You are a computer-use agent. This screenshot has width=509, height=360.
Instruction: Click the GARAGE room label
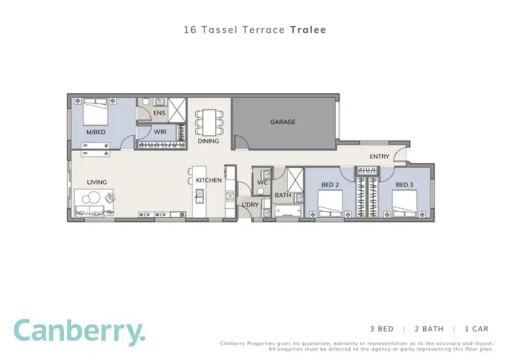tap(283, 122)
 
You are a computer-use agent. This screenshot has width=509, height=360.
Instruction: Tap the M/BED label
tap(96, 132)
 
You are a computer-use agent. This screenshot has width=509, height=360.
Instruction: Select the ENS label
tap(159, 113)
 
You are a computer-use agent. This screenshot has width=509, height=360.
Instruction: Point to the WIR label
tap(161, 132)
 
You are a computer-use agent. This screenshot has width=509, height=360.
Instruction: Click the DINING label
tap(208, 141)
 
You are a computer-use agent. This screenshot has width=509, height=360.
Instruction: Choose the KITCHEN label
tap(209, 181)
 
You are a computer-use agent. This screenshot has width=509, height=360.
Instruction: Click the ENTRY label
tap(379, 157)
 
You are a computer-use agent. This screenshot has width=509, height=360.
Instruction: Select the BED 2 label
tap(330, 185)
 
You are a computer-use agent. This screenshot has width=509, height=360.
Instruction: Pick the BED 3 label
tap(404, 185)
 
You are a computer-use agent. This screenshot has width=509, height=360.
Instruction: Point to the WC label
tap(262, 183)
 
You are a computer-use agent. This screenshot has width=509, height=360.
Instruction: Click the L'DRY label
tap(250, 204)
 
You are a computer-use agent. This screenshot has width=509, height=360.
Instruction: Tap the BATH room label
tap(283, 196)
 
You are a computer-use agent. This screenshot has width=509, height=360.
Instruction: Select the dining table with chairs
tap(208, 122)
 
